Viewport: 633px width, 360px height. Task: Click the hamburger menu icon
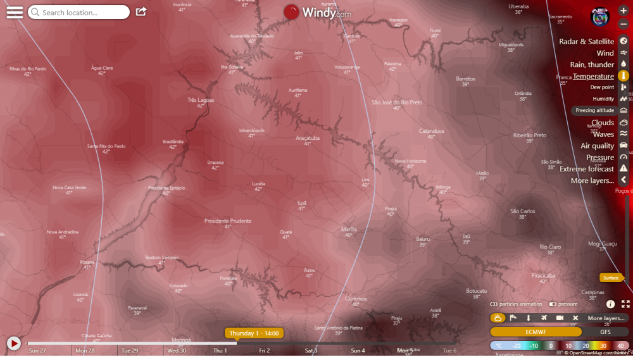coord(15,13)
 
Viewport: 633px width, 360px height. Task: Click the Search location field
coord(79,13)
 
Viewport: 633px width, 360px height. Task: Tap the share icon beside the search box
coord(141,12)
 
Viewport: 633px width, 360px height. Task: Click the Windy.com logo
coord(317,13)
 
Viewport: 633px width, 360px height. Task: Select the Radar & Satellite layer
coord(586,42)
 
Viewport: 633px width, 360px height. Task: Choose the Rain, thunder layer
coord(592,65)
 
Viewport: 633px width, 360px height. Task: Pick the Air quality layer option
coord(597,146)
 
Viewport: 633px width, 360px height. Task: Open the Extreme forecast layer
coord(587,170)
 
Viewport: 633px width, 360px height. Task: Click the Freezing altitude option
coord(594,111)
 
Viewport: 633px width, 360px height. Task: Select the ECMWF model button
coord(536,332)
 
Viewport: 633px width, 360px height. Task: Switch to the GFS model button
coord(606,332)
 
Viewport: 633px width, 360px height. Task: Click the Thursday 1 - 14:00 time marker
coord(254,333)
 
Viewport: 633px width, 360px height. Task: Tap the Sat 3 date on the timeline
coord(311,351)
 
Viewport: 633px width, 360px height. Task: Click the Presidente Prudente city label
coord(228,221)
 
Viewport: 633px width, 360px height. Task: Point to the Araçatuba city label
coord(308,137)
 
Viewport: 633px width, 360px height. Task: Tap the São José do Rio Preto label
coord(397,102)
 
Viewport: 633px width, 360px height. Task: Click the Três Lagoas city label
coord(201,100)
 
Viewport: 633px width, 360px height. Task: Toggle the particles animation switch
coord(494,304)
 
